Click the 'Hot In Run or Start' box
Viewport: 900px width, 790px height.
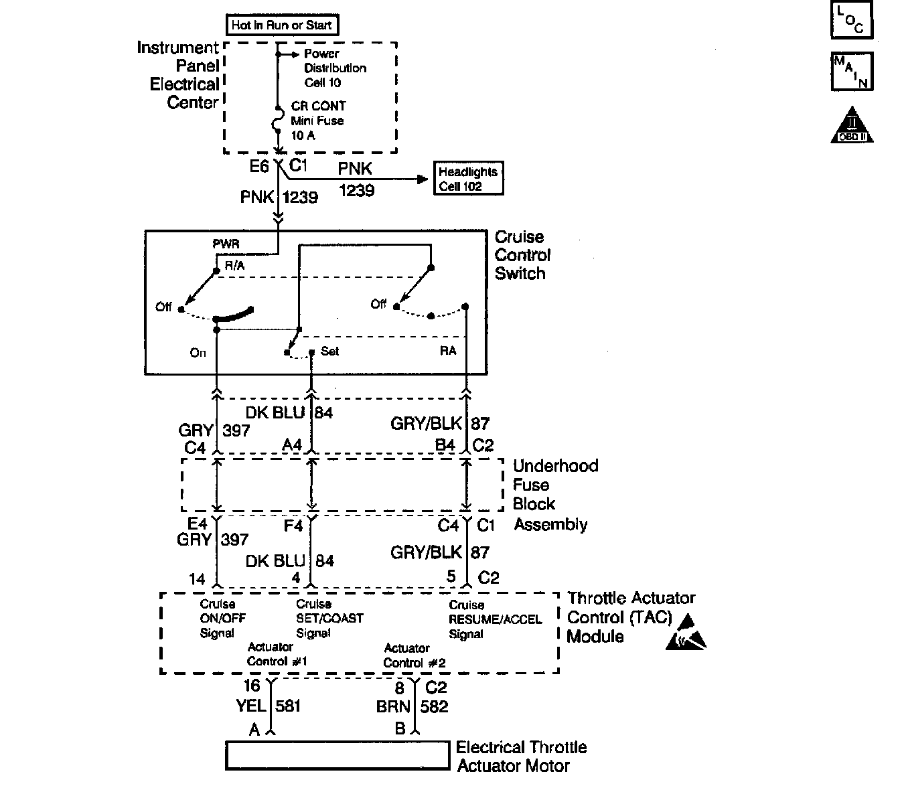(x=281, y=25)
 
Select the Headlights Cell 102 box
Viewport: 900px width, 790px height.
(x=468, y=179)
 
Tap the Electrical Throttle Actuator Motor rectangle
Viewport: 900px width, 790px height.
(x=337, y=755)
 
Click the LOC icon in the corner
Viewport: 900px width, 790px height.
(x=852, y=20)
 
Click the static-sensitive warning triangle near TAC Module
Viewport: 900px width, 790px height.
(x=686, y=634)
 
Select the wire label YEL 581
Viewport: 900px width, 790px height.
(x=268, y=706)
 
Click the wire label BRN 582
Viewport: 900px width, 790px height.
(x=412, y=706)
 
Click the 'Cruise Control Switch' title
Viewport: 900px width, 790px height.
(x=522, y=255)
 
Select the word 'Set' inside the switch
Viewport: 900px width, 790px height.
(x=330, y=351)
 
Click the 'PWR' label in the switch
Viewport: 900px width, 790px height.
(x=226, y=244)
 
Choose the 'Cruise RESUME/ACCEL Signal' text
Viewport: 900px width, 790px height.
(x=494, y=619)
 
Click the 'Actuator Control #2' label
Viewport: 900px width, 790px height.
(x=414, y=655)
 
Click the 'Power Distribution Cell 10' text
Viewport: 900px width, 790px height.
(x=335, y=68)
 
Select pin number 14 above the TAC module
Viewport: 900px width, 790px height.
(x=197, y=578)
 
